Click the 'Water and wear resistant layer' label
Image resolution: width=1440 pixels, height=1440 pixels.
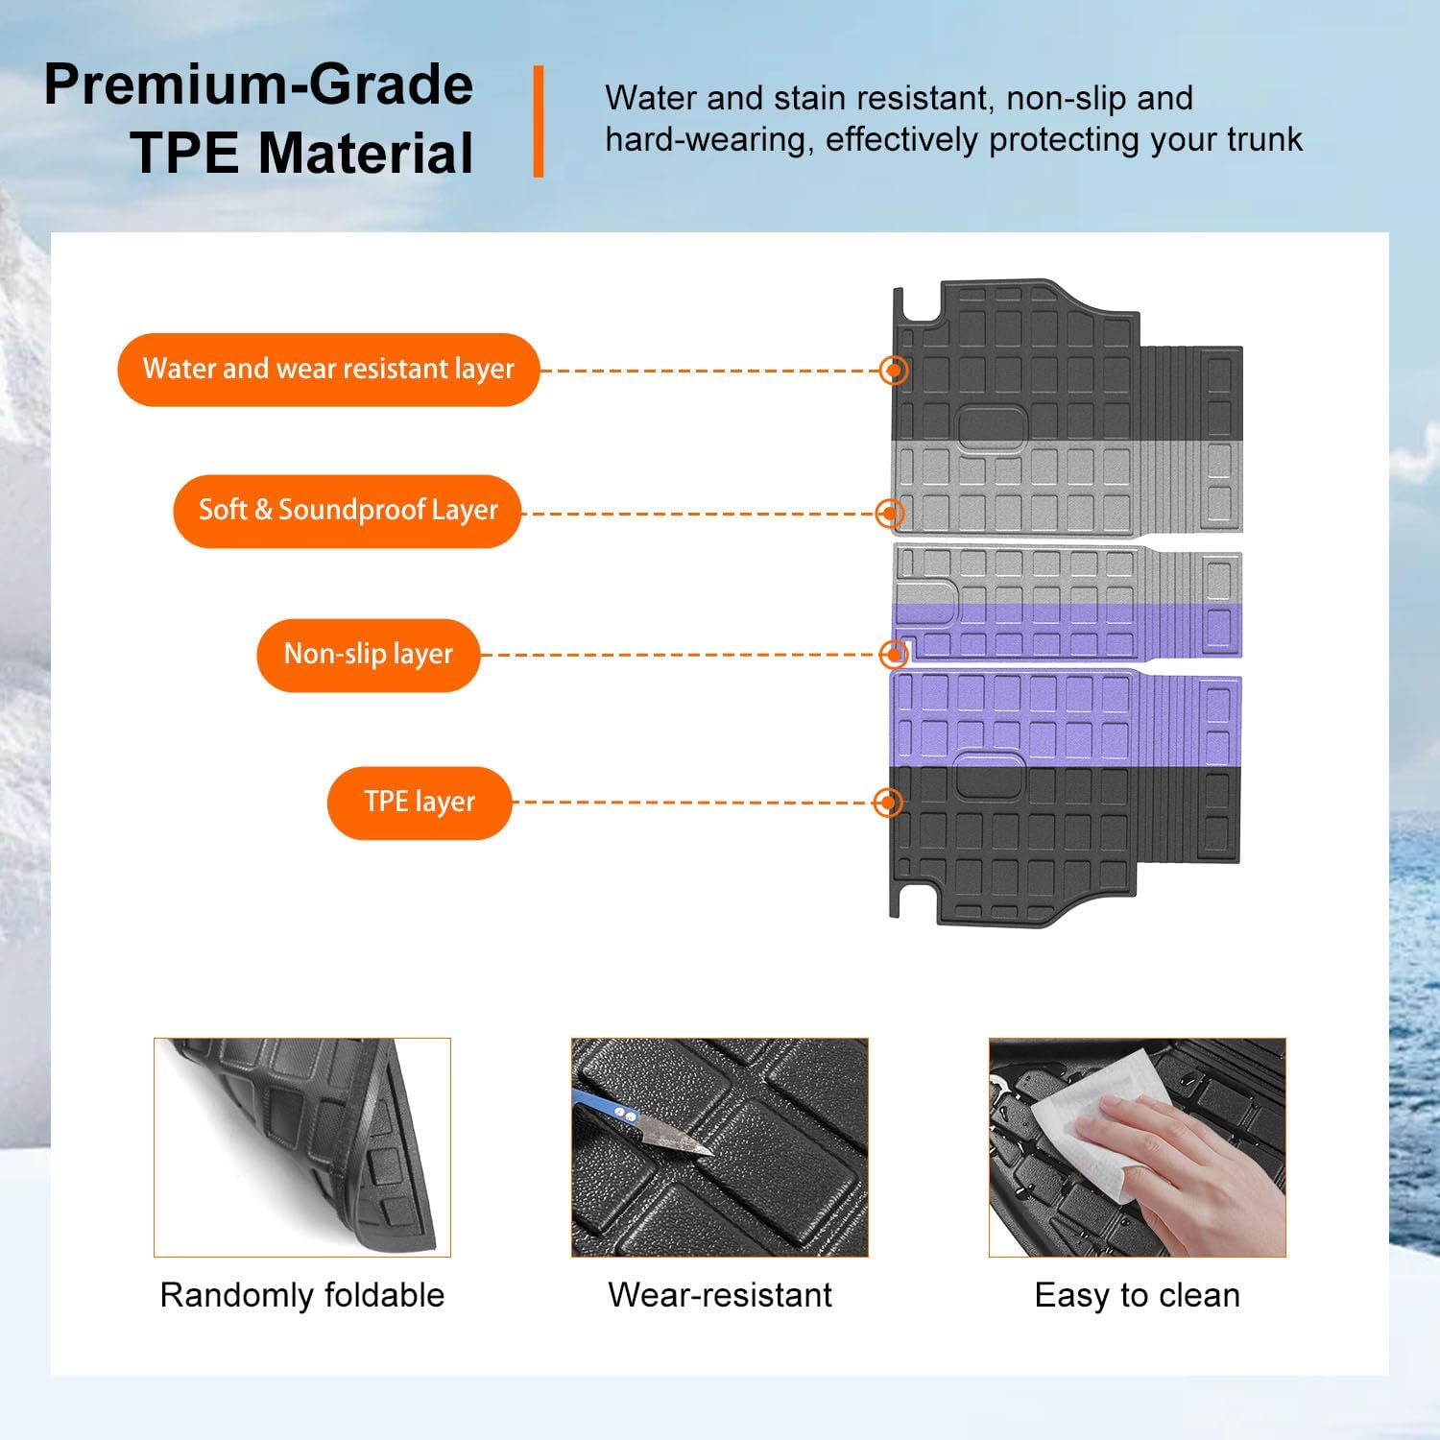pyautogui.click(x=328, y=370)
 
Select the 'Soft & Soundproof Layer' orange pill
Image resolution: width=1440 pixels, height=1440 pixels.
pyautogui.click(x=348, y=511)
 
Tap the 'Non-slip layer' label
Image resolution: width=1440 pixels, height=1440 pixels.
pyautogui.click(x=368, y=655)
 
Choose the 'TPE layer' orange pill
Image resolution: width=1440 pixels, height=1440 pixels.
pyautogui.click(x=420, y=803)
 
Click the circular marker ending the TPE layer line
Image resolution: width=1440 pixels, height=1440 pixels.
pyautogui.click(x=890, y=803)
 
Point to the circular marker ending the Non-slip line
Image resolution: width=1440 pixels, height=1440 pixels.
pyautogui.click(x=894, y=655)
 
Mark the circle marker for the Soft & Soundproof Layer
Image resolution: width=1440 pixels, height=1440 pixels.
pyautogui.click(x=890, y=514)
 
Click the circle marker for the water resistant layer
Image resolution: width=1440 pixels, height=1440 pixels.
pyautogui.click(x=894, y=371)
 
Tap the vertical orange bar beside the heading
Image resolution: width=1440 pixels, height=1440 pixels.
pyautogui.click(x=539, y=121)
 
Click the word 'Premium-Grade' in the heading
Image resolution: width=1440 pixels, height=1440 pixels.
pyautogui.click(x=258, y=84)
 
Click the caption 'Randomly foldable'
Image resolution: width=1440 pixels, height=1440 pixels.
pyautogui.click(x=302, y=1295)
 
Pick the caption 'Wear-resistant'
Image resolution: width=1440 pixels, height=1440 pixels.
pyautogui.click(x=720, y=1295)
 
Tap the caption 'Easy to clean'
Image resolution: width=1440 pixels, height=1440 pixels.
pyautogui.click(x=1138, y=1295)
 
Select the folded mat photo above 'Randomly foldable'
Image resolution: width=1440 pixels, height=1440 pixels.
pyautogui.click(x=302, y=1147)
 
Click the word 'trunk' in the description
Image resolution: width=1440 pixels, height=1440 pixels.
pyautogui.click(x=1265, y=140)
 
